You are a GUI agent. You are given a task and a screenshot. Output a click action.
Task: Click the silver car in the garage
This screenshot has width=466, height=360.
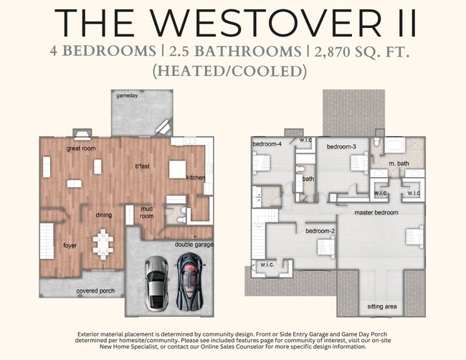pos(156,283)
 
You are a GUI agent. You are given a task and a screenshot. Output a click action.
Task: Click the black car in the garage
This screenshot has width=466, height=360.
pos(189,282)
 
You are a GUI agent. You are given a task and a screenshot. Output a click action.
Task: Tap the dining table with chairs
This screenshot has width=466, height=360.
pos(103,244)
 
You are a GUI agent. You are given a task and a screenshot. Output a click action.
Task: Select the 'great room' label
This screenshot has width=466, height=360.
pos(81,148)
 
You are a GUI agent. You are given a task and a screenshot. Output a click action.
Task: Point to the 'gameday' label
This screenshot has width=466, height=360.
pos(127,95)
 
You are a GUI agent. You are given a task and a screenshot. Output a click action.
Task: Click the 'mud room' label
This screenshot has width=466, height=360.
pos(147,212)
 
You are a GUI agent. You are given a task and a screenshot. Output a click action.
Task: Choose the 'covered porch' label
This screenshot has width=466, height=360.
pos(95,290)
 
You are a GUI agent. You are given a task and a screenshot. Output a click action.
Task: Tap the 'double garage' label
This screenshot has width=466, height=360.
pos(194,245)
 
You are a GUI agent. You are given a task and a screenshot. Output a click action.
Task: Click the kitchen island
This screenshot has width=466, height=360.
pos(177,169)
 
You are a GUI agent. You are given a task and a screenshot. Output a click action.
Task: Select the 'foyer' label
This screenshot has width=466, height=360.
pos(70,245)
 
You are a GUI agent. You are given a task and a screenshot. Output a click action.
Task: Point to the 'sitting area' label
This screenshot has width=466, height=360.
pos(382,306)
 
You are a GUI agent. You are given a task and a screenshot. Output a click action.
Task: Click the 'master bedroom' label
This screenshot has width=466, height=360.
pos(376,212)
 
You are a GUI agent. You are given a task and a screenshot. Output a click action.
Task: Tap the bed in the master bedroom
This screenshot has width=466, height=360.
pos(415,237)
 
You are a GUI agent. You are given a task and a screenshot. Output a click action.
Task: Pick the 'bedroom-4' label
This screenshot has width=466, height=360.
pos(267,144)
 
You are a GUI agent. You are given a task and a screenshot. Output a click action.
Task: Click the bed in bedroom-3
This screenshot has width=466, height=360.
pos(360,161)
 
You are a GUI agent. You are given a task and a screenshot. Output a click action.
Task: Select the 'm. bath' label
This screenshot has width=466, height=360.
pos(399,164)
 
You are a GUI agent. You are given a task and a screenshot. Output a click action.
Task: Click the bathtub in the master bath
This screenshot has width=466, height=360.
pos(395,146)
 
